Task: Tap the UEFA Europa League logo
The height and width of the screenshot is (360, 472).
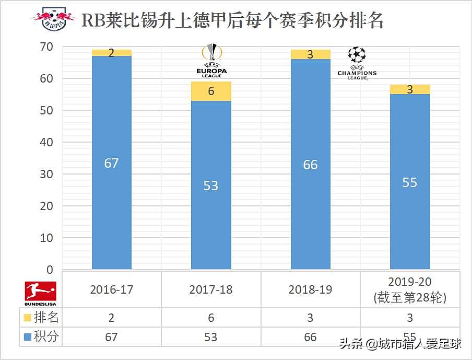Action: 211,61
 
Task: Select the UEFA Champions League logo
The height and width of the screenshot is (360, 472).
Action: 357,63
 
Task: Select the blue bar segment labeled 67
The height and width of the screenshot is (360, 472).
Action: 111,162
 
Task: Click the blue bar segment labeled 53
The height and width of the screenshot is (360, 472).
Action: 210,185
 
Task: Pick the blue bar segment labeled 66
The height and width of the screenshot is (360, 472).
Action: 310,165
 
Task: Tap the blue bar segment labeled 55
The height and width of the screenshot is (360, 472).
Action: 410,182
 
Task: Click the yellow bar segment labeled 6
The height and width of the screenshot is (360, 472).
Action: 210,91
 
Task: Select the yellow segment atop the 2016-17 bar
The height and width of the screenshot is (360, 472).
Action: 111,53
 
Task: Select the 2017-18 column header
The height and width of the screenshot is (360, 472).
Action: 211,289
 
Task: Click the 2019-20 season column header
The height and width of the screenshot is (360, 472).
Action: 410,289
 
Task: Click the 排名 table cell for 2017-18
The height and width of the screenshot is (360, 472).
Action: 211,317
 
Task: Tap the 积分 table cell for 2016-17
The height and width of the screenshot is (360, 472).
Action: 111,336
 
